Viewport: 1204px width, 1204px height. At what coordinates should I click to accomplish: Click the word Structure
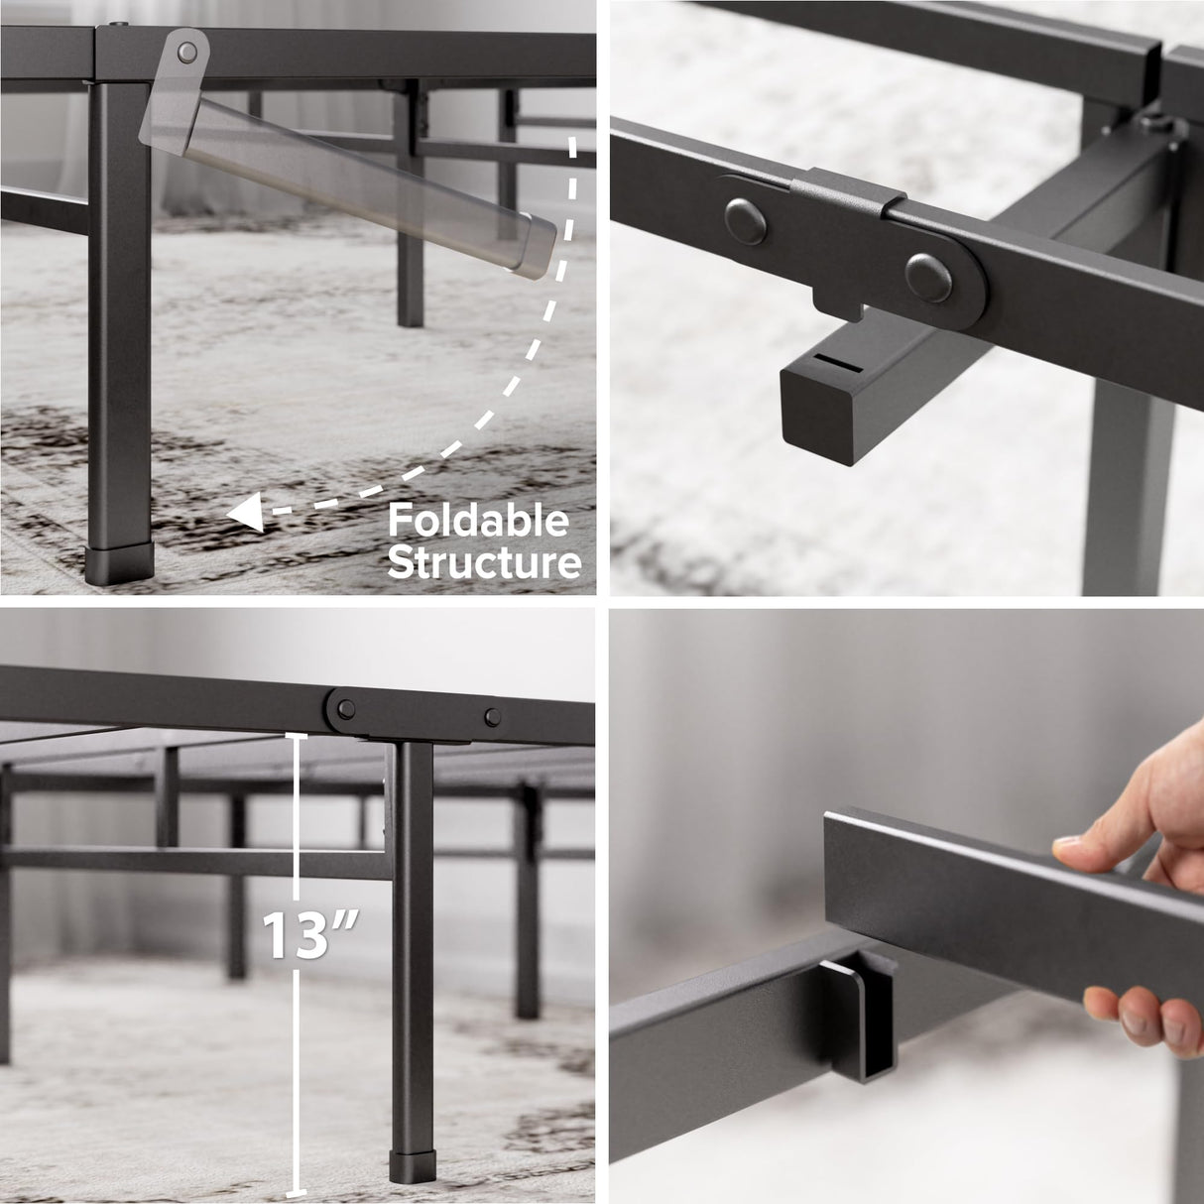[x=483, y=562]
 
